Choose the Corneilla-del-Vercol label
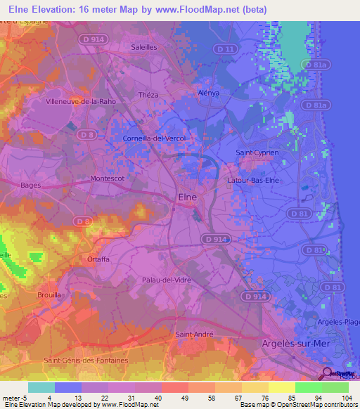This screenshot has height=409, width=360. (x=154, y=138)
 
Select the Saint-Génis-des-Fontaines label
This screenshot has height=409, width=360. (x=86, y=361)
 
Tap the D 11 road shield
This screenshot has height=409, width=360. (x=225, y=48)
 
